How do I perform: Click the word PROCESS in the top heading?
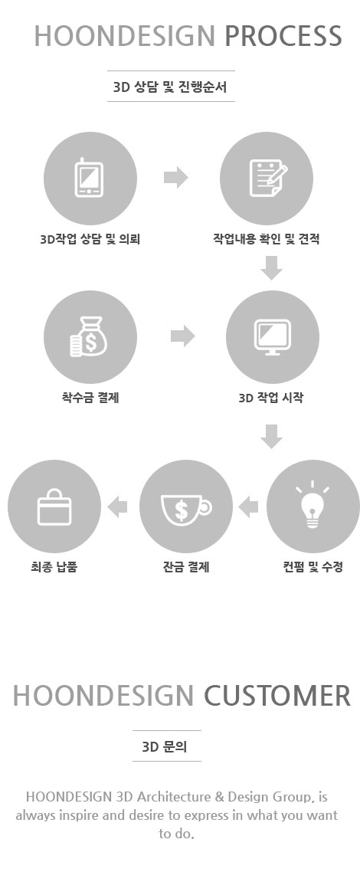point(283,36)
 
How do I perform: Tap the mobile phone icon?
point(89,178)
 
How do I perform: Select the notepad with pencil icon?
point(268,178)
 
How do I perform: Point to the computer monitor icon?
point(272,337)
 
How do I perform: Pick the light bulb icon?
point(313,505)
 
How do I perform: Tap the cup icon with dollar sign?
point(186,507)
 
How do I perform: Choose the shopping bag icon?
point(54,506)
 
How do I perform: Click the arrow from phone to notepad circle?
point(176,178)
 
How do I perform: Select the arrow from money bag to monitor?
point(183,336)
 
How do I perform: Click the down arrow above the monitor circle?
point(272,268)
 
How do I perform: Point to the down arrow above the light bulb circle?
point(272,436)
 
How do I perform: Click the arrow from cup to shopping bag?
point(117,506)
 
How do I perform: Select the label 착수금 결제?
point(90,398)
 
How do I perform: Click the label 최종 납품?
point(54,567)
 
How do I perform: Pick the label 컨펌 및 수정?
point(313,567)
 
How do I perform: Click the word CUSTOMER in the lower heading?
point(277,696)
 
